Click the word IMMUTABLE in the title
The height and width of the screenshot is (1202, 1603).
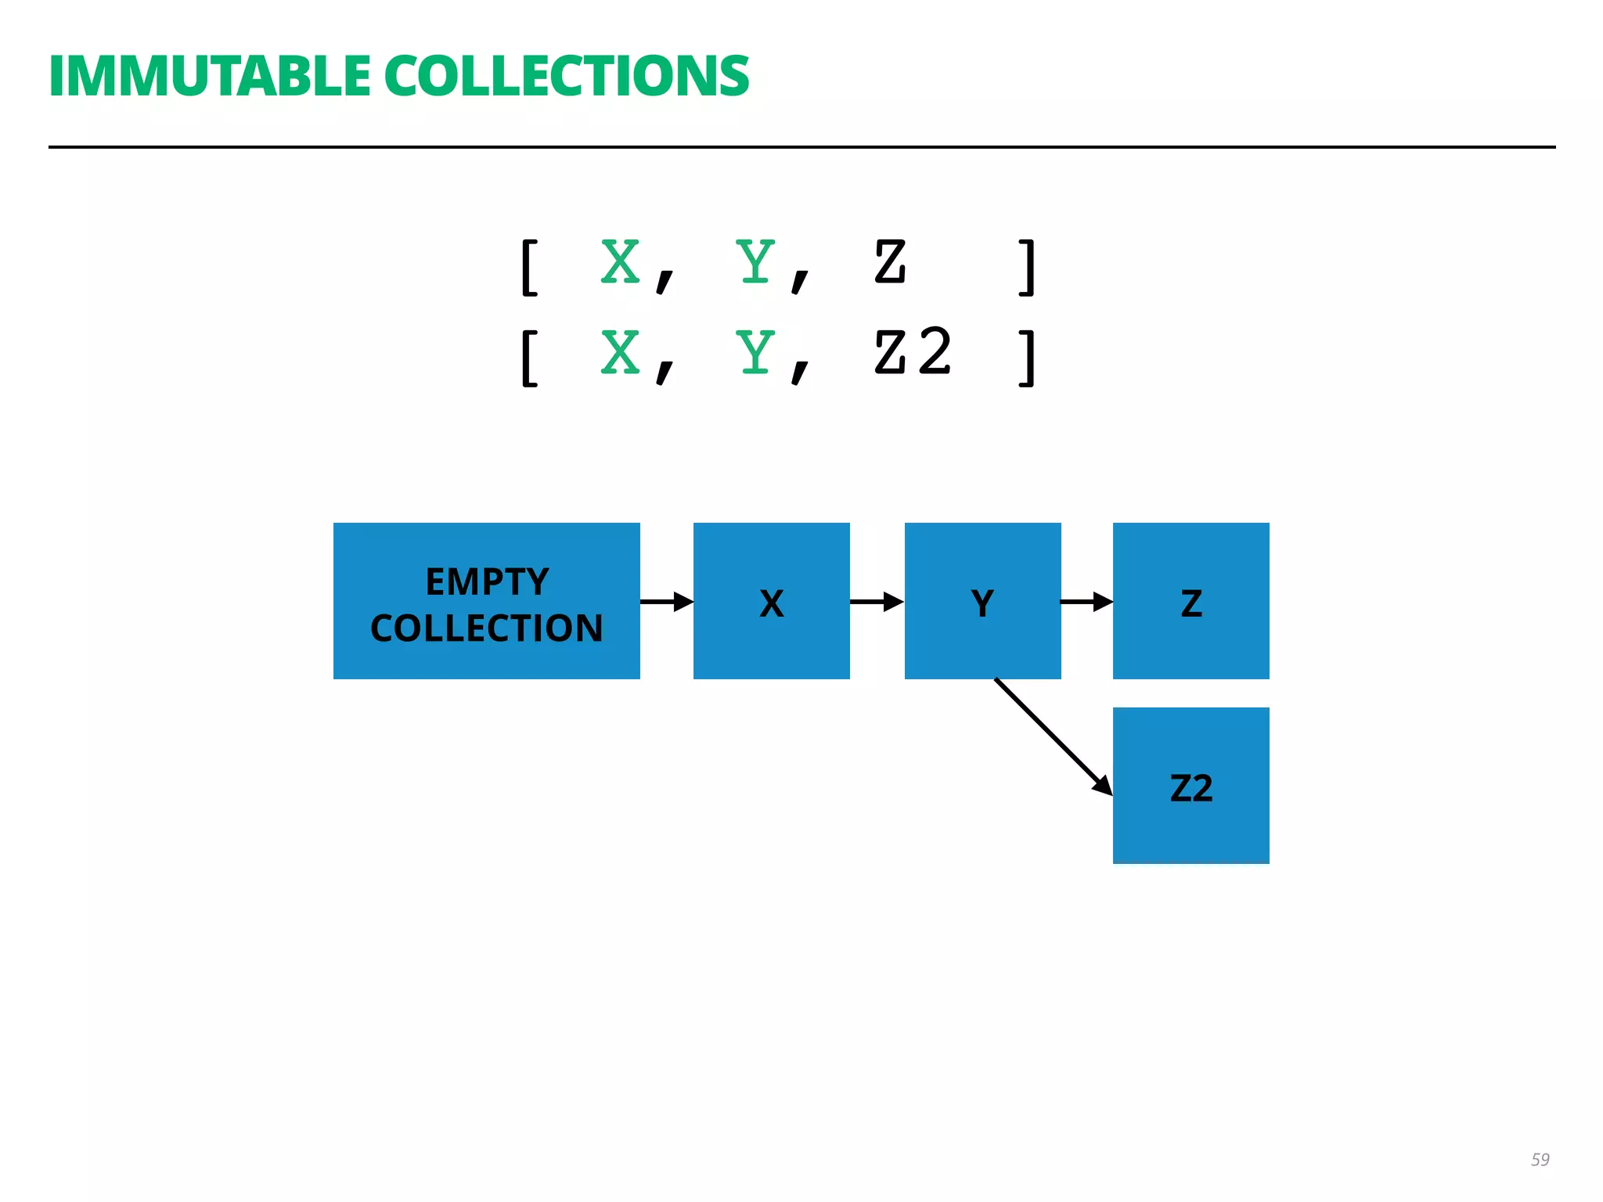coord(210,76)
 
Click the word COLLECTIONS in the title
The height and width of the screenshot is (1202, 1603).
coord(566,76)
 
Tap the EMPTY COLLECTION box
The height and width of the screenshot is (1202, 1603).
coord(486,601)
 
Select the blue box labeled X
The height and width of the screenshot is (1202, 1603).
coord(771,601)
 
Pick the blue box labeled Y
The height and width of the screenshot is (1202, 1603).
coord(982,601)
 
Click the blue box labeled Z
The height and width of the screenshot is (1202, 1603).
coord(1191,601)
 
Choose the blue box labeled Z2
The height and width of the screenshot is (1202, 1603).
coord(1191,786)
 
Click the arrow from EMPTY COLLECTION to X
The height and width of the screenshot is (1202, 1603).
coord(666,602)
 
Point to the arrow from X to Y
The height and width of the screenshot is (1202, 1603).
coord(877,602)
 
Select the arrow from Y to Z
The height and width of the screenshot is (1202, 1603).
coord(1086,602)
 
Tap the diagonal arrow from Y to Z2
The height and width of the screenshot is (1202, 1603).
coord(1052,736)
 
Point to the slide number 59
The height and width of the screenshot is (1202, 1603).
coord(1540,1160)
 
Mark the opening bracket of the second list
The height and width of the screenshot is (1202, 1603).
coord(530,358)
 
